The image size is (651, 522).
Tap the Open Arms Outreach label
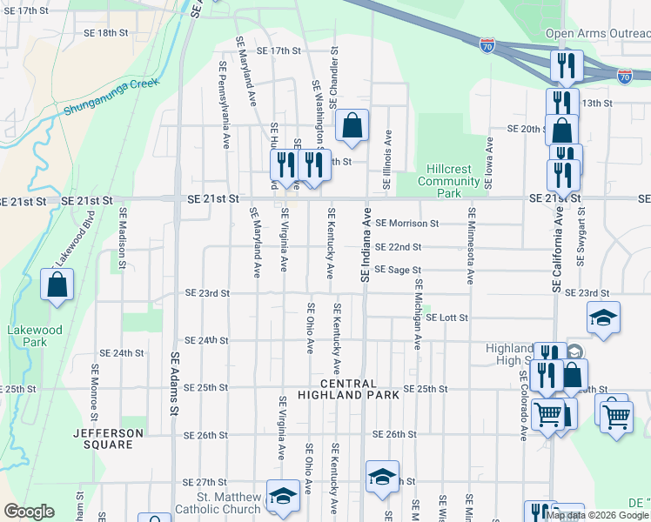[x=597, y=34]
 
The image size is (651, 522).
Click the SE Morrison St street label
[x=407, y=224]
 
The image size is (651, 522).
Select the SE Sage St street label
[x=398, y=271]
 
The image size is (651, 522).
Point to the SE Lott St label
[x=447, y=318]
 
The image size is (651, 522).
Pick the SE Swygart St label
[x=581, y=237]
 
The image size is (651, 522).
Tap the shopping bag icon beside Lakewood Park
[x=57, y=284]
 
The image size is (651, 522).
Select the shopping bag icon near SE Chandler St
[x=352, y=125]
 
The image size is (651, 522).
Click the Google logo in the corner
[x=29, y=512]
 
